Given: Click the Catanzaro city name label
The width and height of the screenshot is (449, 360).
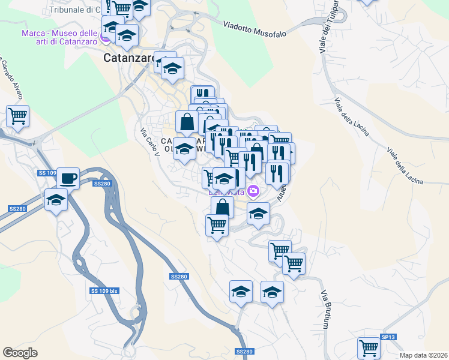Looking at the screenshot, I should point(129,58).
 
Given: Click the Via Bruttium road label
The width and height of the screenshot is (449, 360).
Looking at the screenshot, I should point(325,310).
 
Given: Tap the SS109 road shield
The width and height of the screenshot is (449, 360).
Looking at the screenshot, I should point(47,173).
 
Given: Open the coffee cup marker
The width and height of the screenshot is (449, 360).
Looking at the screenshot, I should point(68,178).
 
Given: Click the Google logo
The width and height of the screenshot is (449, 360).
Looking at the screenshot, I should point(20,353).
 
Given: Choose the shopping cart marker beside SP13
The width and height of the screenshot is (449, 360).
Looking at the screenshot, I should point(369,347).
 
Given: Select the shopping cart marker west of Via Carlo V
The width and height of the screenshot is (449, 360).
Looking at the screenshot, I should point(18,116).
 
